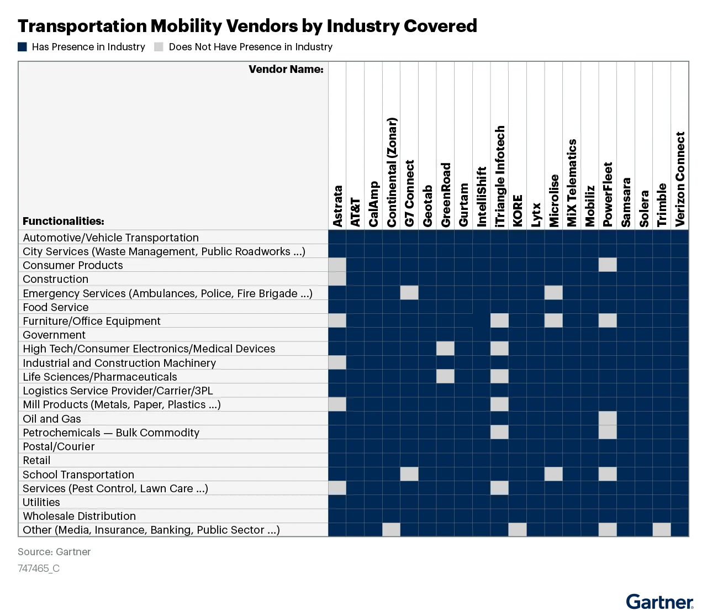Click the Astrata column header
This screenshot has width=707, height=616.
(337, 206)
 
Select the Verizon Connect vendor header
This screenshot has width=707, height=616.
(680, 179)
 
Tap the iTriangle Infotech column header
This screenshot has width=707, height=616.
(499, 176)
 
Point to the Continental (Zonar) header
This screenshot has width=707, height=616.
(392, 172)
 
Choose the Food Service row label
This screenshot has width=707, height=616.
(55, 307)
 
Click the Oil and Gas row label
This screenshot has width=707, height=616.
(51, 419)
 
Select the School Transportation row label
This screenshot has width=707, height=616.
(78, 475)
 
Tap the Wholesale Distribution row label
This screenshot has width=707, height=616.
(79, 516)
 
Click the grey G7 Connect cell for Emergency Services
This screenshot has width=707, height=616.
(409, 293)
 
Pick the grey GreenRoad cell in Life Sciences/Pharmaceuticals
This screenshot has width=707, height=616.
(445, 376)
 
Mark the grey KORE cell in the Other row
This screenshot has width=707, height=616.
(518, 529)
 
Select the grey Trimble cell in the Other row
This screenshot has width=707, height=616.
(662, 529)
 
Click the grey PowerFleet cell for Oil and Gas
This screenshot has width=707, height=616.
(608, 418)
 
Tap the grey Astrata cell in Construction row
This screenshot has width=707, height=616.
(337, 279)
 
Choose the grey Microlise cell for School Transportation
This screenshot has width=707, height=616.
(553, 474)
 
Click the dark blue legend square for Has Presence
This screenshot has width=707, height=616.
(23, 47)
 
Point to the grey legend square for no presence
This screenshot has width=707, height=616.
(159, 47)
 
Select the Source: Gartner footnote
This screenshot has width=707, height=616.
(54, 551)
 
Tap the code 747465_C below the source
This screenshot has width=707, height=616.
(39, 568)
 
